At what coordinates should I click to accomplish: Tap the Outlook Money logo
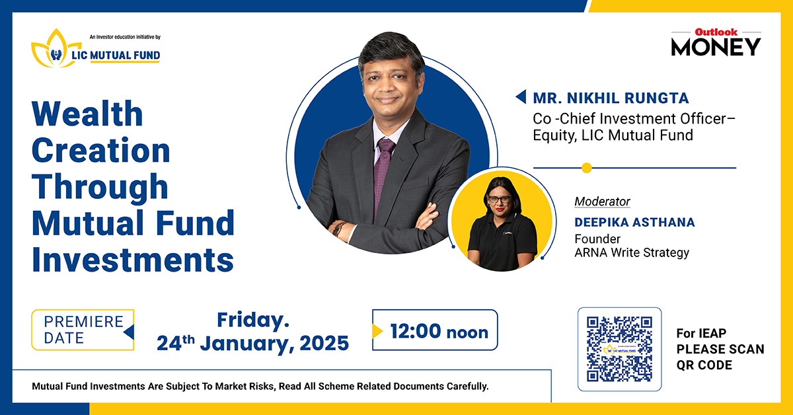(x=716, y=42)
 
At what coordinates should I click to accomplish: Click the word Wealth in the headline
(x=87, y=114)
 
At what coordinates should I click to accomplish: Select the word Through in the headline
(x=100, y=187)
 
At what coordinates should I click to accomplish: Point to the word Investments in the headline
(x=132, y=260)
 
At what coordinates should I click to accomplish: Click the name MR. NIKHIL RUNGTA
(x=611, y=98)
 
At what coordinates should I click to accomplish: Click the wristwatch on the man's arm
(x=339, y=229)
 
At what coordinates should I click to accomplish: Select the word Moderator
(x=602, y=202)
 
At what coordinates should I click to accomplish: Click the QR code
(x=619, y=348)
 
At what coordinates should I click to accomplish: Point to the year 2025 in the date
(x=320, y=344)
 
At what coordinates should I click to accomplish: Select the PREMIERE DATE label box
(x=83, y=330)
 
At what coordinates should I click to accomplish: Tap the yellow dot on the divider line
(x=586, y=168)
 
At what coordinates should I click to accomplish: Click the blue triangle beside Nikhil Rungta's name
(x=521, y=98)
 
